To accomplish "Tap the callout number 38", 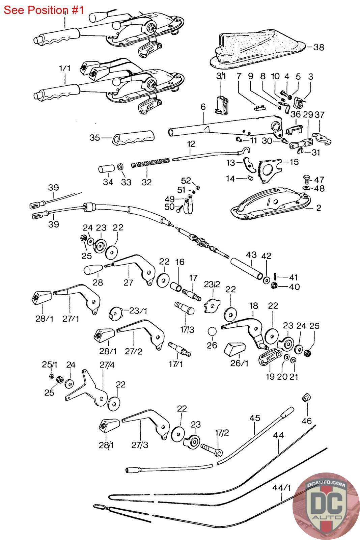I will [319, 47].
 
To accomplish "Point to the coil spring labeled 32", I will [149, 162].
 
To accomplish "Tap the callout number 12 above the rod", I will [191, 144].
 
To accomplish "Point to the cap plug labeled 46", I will [306, 397].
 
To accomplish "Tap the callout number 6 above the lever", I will [203, 107].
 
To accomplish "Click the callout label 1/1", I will [64, 68].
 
